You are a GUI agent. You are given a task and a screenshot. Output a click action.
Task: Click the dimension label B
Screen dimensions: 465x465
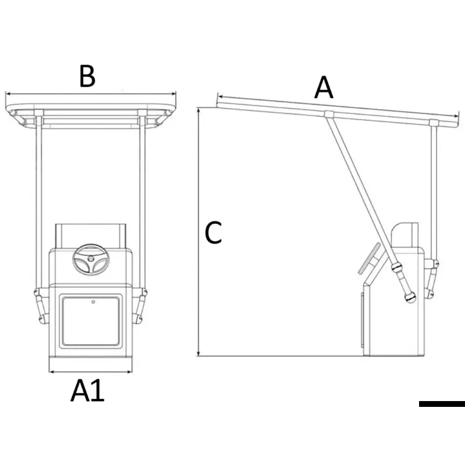[87, 76]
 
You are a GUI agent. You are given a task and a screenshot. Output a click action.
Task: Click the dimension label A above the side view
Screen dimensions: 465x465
[324, 88]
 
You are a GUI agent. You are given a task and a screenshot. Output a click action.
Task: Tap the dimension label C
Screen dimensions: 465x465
[213, 233]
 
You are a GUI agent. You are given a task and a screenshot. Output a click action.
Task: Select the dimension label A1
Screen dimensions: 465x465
[87, 391]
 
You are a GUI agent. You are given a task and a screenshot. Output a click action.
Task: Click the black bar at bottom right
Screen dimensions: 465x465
[442, 403]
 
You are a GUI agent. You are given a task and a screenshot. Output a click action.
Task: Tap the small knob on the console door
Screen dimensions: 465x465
[94, 302]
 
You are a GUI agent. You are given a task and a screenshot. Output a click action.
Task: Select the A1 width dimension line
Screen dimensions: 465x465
[90, 371]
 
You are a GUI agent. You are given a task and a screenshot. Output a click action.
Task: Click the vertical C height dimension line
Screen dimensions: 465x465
[199, 233]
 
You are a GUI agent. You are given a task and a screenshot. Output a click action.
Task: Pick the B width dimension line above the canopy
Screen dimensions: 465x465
[90, 93]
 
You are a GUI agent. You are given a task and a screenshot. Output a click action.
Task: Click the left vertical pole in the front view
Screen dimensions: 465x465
[38, 203]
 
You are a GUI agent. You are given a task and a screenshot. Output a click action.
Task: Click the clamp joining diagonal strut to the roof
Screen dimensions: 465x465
[329, 113]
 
